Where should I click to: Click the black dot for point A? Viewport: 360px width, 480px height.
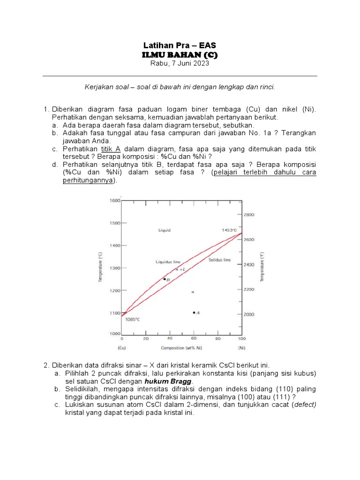point(194,313)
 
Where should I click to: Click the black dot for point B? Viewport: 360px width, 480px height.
point(164,279)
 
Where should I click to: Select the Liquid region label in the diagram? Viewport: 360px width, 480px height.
point(164,230)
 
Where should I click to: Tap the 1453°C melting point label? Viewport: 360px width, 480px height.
point(231,230)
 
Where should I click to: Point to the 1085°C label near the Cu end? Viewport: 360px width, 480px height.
point(132,319)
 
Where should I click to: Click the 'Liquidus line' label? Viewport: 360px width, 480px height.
point(168,262)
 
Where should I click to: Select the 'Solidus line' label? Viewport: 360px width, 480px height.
point(219,260)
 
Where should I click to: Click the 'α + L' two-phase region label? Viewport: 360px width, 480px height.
point(180,270)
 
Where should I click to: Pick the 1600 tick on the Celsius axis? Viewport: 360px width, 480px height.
point(115,201)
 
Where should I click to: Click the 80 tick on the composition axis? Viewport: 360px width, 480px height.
point(217,338)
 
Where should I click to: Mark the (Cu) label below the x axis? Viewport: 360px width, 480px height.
point(121,348)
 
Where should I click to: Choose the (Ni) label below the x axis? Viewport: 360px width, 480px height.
point(242,348)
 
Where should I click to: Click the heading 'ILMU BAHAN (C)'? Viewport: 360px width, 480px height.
point(180,55)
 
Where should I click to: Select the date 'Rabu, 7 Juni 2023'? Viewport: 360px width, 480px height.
point(180,64)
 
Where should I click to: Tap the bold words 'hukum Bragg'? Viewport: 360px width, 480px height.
point(174,382)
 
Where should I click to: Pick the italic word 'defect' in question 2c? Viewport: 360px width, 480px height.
point(304,405)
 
